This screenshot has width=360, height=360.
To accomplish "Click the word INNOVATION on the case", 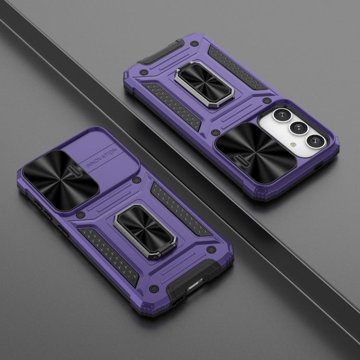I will (x=101, y=158).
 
